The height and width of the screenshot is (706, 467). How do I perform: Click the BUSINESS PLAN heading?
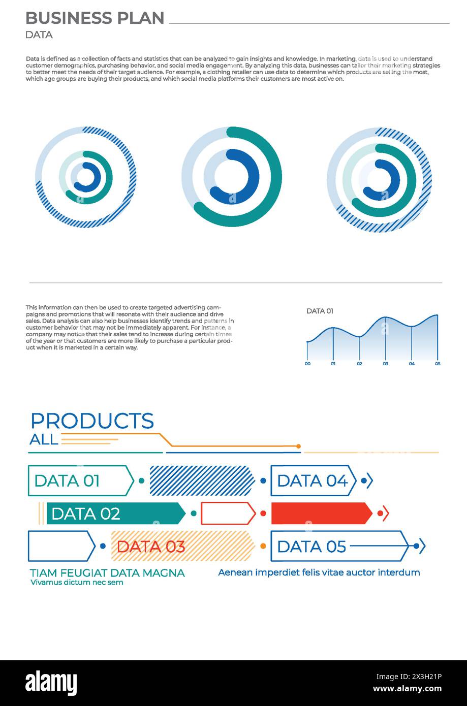[95, 18]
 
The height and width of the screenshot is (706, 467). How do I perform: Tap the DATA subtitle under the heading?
[39, 35]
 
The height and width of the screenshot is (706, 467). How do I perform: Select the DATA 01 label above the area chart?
[320, 311]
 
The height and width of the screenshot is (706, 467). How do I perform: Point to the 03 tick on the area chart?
[386, 364]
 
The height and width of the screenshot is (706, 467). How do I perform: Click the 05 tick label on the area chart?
[438, 364]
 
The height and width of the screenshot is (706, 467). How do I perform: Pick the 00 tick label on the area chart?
[307, 364]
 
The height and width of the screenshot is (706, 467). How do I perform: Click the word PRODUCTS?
[92, 421]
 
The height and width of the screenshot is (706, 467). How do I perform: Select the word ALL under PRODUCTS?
[44, 439]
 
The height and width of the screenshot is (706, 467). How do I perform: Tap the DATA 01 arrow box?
[80, 480]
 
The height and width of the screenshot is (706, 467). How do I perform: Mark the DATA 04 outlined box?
[313, 480]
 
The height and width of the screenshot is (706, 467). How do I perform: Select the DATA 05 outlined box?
[339, 546]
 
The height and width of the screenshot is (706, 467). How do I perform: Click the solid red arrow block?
[321, 514]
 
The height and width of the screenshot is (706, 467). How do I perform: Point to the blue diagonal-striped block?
[202, 480]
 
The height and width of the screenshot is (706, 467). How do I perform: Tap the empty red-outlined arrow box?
[228, 514]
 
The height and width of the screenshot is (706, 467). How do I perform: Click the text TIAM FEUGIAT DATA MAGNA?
[107, 573]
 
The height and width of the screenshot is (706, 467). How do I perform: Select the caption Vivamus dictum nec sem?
[77, 582]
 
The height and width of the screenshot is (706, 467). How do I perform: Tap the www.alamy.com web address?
[408, 689]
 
